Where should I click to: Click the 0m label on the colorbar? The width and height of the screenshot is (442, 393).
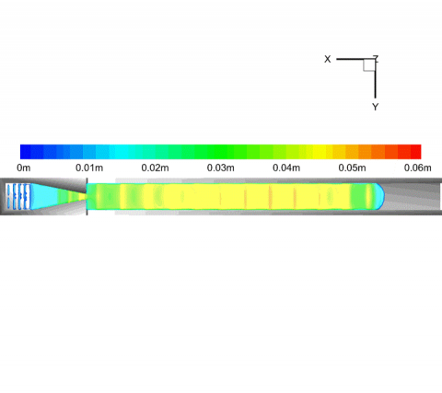pos(24,168)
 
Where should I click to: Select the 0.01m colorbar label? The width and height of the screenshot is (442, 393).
pos(89,168)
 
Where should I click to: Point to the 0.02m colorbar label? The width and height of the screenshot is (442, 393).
pos(155,168)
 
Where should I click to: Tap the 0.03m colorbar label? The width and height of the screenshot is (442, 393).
pos(221,168)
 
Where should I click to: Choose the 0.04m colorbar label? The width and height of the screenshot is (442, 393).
pos(286,168)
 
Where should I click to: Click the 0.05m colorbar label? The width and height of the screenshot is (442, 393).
pos(352,168)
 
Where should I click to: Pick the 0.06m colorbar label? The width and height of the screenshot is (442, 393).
pos(418,168)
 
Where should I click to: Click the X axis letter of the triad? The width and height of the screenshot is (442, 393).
pos(328,59)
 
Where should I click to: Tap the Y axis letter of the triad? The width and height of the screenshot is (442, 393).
pos(375,107)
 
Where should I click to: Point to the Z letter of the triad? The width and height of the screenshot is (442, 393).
pos(376,58)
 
